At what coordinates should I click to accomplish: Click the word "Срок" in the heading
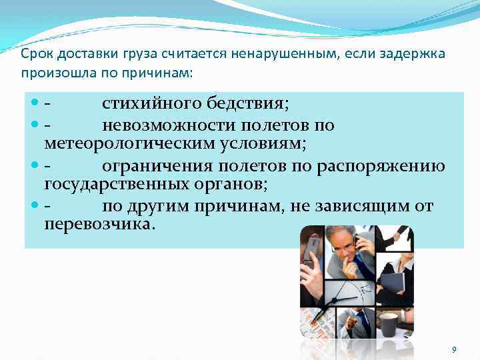click(34, 53)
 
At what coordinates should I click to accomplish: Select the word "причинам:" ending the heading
click(165, 72)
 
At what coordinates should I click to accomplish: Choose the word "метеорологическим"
click(121, 143)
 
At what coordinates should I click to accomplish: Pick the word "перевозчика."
click(99, 224)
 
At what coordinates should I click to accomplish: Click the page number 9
click(454, 349)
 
